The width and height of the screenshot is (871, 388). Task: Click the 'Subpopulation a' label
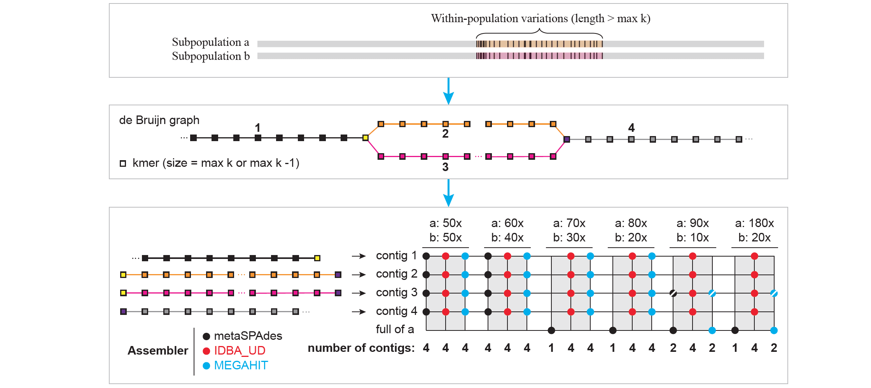(x=210, y=42)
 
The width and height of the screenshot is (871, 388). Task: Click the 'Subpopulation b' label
(x=211, y=56)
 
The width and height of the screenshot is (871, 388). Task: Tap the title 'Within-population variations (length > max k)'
(x=540, y=18)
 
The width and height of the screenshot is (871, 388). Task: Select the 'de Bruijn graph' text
(x=159, y=120)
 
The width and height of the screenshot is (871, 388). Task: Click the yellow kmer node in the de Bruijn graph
(x=366, y=138)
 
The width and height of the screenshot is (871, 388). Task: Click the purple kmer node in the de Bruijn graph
(x=567, y=139)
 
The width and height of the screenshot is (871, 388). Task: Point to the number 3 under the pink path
(x=445, y=167)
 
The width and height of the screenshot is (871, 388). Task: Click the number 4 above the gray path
(x=631, y=128)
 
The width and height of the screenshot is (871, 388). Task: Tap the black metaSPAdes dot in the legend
(x=206, y=336)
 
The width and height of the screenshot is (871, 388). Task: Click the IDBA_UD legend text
(x=240, y=351)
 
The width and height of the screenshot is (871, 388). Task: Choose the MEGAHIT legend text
(x=241, y=365)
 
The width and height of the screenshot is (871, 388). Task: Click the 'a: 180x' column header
(x=754, y=223)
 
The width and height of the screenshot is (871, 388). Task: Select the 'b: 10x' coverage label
(x=693, y=238)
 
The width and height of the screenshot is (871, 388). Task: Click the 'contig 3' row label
(x=396, y=292)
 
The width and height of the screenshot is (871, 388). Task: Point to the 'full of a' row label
(x=395, y=329)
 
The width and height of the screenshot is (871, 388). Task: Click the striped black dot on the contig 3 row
(x=673, y=293)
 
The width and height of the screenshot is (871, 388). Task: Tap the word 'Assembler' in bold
(x=158, y=351)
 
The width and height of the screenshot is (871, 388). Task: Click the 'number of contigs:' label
(x=361, y=348)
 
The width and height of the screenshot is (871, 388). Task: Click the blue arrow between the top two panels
(x=448, y=91)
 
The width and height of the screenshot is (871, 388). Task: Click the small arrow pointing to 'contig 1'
(x=359, y=256)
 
